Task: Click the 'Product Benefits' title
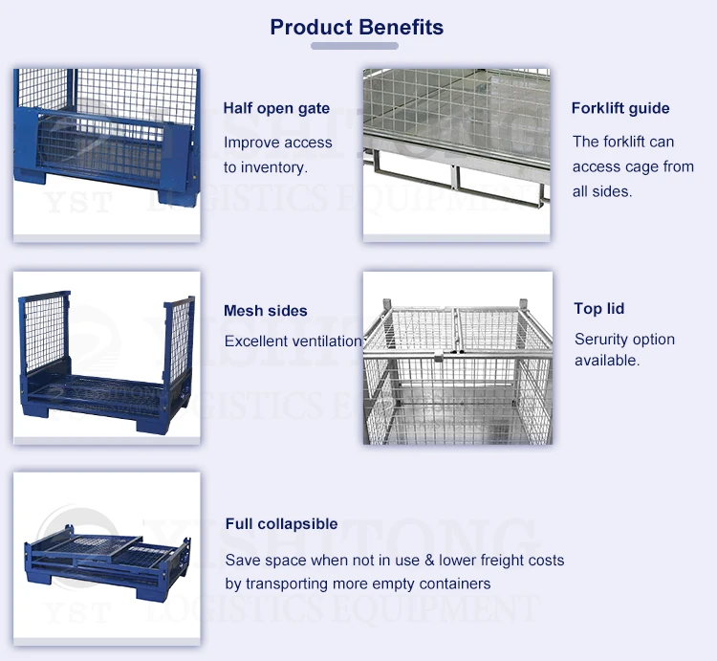tap(357, 27)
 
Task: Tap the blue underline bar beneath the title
tap(355, 46)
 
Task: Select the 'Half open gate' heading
tap(276, 108)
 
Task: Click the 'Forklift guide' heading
tap(620, 108)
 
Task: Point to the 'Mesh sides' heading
tap(266, 311)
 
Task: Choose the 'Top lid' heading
tap(598, 309)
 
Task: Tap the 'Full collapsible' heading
tap(281, 524)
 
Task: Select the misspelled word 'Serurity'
tap(601, 340)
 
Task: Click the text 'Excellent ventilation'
tap(293, 342)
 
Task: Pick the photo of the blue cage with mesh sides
tap(107, 357)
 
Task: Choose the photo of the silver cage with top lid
tap(458, 358)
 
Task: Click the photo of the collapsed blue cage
tap(107, 558)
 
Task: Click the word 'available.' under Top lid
tap(607, 361)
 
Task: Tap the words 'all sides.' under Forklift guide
tap(602, 191)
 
